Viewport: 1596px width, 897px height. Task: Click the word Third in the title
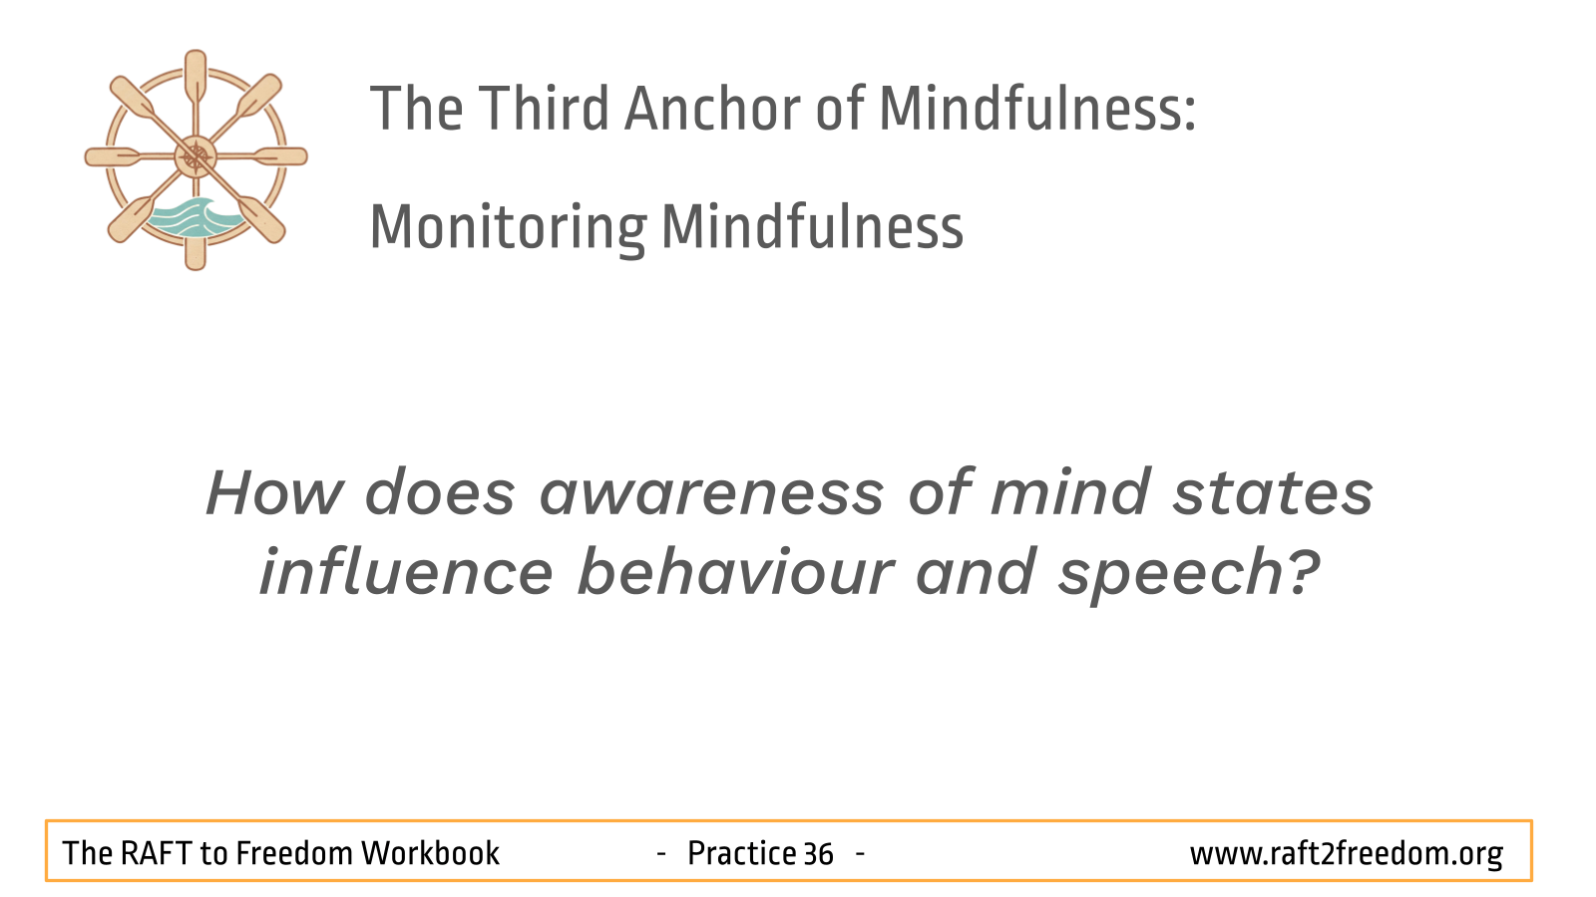(x=543, y=109)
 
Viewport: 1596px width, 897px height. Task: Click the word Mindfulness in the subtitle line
(x=812, y=226)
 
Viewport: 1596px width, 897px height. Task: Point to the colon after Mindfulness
(x=1188, y=114)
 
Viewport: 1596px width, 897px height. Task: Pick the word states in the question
(x=1273, y=492)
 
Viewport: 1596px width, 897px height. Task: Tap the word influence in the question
(x=406, y=572)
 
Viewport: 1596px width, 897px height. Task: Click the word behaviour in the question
(x=735, y=572)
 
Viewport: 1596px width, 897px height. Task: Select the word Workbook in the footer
(x=430, y=853)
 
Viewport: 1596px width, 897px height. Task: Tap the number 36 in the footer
(x=818, y=854)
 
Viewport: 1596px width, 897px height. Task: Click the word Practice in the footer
(x=741, y=853)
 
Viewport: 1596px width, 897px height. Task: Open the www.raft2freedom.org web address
(x=1347, y=854)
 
